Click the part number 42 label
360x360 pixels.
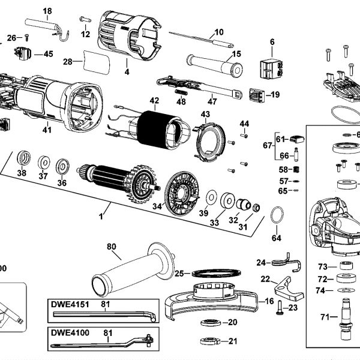coord(154,101)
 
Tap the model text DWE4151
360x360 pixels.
coord(70,304)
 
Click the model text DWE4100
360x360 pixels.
coord(70,332)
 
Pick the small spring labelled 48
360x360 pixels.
coord(181,93)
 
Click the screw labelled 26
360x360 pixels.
coord(27,38)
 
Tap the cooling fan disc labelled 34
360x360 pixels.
coord(182,194)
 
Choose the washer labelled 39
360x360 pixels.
coord(211,197)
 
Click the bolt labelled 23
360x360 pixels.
coord(279,308)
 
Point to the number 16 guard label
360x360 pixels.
coord(269,301)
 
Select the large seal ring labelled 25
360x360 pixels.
coord(216,273)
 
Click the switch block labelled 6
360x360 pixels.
coord(271,68)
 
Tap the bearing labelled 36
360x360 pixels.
coord(62,166)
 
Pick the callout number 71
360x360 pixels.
coord(325,317)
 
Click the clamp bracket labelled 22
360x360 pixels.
coord(288,290)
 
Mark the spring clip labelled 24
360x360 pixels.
coord(286,262)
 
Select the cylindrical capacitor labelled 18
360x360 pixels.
coord(47,29)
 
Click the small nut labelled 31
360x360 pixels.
coord(256,208)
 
